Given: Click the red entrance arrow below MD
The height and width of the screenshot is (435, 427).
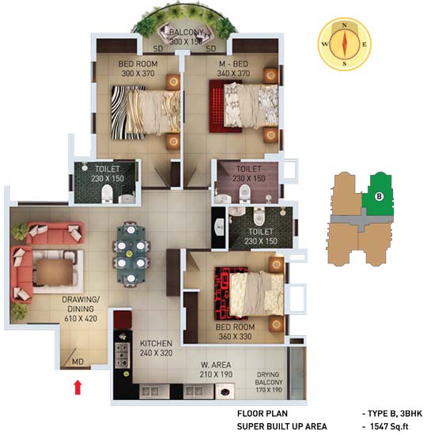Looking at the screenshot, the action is pyautogui.click(x=78, y=388).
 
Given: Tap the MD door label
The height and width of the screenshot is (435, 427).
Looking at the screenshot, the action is pyautogui.click(x=77, y=361).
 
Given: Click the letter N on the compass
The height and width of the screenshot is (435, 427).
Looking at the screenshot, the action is pyautogui.click(x=344, y=25).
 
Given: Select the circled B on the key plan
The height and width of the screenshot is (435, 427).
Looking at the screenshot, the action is pyautogui.click(x=379, y=197).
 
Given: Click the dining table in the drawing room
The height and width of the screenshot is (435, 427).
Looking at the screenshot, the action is pyautogui.click(x=131, y=254).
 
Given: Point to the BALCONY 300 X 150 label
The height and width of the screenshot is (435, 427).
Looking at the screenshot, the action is pyautogui.click(x=186, y=37).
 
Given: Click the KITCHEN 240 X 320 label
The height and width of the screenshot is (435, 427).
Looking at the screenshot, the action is pyautogui.click(x=157, y=348).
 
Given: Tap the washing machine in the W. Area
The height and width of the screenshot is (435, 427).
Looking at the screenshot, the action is pyautogui.click(x=225, y=391).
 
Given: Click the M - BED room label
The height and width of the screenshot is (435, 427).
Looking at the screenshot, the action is pyautogui.click(x=233, y=69).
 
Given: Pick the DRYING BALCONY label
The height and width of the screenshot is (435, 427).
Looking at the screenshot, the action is pyautogui.click(x=269, y=378).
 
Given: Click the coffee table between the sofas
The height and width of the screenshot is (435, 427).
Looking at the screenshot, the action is pyautogui.click(x=55, y=272).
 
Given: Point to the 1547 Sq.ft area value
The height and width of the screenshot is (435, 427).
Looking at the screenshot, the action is pyautogui.click(x=389, y=426).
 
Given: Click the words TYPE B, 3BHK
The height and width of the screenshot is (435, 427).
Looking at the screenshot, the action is pyautogui.click(x=395, y=414).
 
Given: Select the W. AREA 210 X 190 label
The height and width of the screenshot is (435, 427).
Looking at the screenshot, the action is pyautogui.click(x=216, y=369).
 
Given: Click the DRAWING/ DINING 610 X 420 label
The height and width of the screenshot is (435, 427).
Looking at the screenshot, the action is pyautogui.click(x=81, y=309).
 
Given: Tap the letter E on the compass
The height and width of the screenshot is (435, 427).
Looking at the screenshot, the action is pyautogui.click(x=365, y=44).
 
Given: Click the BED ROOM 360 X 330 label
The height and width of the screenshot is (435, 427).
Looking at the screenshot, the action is pyautogui.click(x=235, y=332).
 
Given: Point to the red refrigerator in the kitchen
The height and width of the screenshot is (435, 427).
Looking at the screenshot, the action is pyautogui.click(x=123, y=320).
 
